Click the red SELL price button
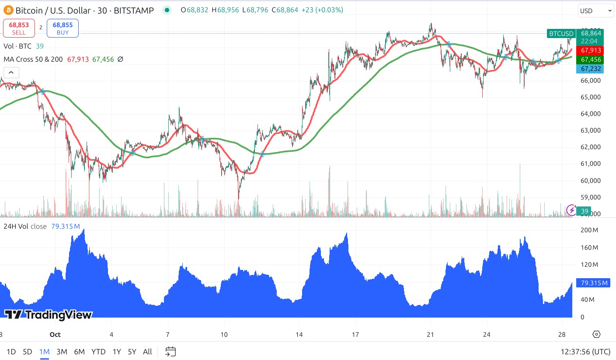tap(19, 28)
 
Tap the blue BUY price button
tap(63, 28)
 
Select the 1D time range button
tap(11, 351)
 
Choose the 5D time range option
tap(28, 351)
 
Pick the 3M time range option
tap(62, 351)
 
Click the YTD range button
tap(99, 351)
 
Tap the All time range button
tap(147, 351)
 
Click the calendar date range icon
tap(171, 351)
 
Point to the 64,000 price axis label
tap(590, 114)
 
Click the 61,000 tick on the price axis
tap(590, 164)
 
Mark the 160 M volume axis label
tap(589, 248)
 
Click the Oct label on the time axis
tap(55, 335)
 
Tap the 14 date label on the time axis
tap(299, 335)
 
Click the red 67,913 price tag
tap(590, 50)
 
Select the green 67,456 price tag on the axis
tap(590, 59)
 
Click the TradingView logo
tap(49, 315)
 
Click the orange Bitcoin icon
tap(8, 10)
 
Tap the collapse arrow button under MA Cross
tap(11, 73)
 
